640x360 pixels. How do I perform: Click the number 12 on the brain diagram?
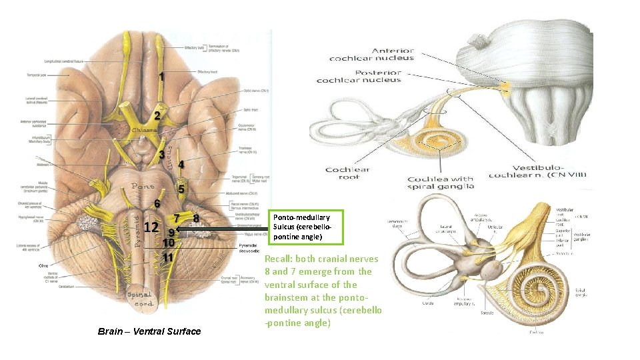pyautogui.click(x=151, y=227)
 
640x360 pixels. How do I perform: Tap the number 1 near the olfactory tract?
pyautogui.click(x=161, y=77)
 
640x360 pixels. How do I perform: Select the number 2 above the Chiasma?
pyautogui.click(x=157, y=115)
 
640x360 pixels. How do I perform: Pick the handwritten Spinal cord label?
pyautogui.click(x=140, y=299)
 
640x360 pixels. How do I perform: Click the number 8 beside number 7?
pyautogui.click(x=195, y=217)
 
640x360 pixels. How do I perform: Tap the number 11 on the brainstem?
pyautogui.click(x=169, y=257)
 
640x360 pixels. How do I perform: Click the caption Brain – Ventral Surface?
pyautogui.click(x=149, y=331)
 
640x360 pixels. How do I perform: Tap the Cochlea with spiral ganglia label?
pyautogui.click(x=440, y=183)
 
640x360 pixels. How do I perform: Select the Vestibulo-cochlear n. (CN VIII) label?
pyautogui.click(x=539, y=171)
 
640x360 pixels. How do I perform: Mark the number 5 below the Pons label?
pyautogui.click(x=180, y=189)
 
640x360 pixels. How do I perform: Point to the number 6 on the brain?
pyautogui.click(x=157, y=203)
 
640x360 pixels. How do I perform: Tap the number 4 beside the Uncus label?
pyautogui.click(x=181, y=164)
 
